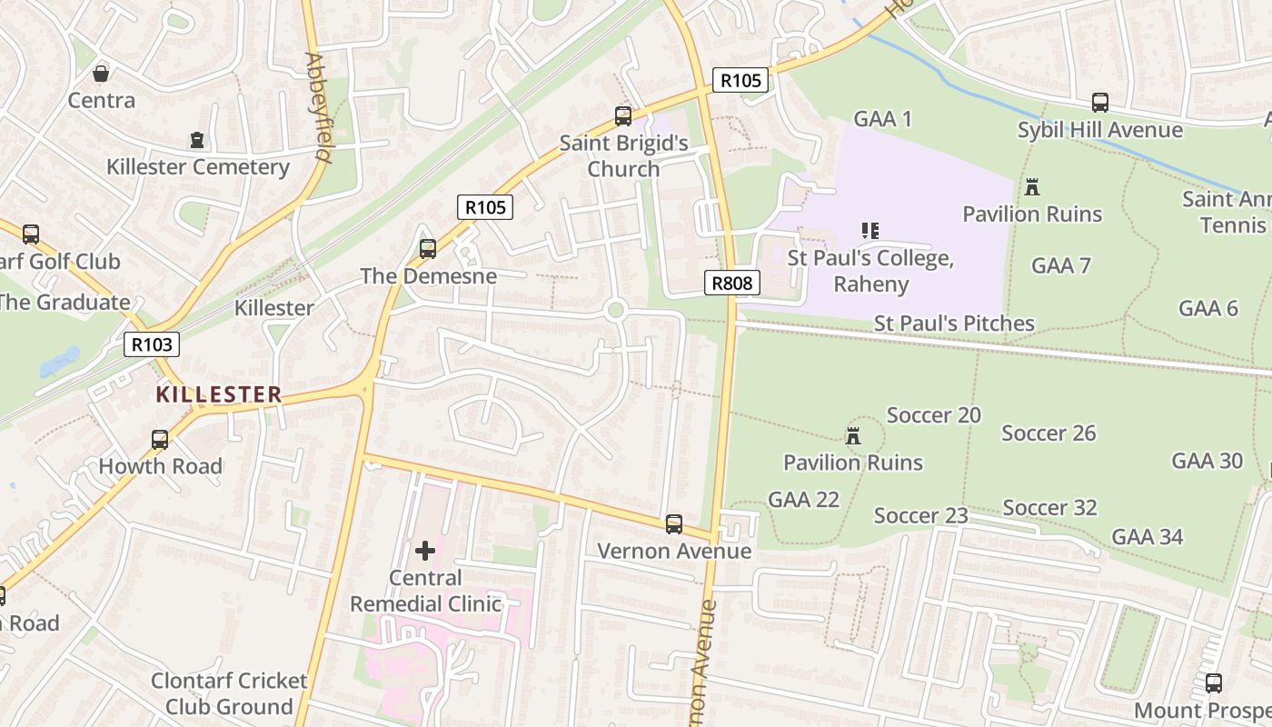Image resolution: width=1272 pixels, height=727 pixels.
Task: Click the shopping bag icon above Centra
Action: click(x=102, y=73)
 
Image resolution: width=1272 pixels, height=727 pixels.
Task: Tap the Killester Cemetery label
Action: click(x=197, y=167)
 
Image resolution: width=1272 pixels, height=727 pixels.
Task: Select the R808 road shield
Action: click(x=731, y=283)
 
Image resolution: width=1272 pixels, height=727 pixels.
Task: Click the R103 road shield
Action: click(x=152, y=344)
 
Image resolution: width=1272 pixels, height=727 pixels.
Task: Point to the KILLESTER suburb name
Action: click(x=218, y=394)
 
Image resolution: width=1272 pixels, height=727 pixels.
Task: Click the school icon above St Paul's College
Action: click(x=870, y=231)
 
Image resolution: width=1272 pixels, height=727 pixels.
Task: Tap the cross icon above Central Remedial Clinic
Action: click(x=425, y=551)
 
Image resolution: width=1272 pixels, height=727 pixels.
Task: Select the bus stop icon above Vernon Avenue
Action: click(x=674, y=524)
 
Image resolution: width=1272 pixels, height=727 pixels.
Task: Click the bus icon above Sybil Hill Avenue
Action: click(x=1100, y=103)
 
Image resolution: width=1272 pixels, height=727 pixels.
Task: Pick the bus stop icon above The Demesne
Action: click(x=428, y=248)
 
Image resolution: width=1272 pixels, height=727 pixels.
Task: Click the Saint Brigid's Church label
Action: click(x=623, y=155)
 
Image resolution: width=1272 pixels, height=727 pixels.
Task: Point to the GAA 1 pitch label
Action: click(x=882, y=118)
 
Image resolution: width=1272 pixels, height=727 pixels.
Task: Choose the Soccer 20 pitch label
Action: click(x=933, y=415)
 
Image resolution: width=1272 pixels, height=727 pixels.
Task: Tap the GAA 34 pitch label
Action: click(x=1148, y=537)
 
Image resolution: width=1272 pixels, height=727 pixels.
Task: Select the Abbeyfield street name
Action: click(x=317, y=107)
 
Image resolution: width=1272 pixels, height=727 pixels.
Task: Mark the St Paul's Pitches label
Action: click(x=954, y=324)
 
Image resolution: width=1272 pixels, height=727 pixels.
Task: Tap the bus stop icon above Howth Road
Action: click(x=160, y=440)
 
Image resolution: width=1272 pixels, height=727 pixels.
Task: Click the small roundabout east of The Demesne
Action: click(x=615, y=311)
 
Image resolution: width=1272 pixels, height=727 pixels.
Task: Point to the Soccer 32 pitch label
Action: click(x=1049, y=507)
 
